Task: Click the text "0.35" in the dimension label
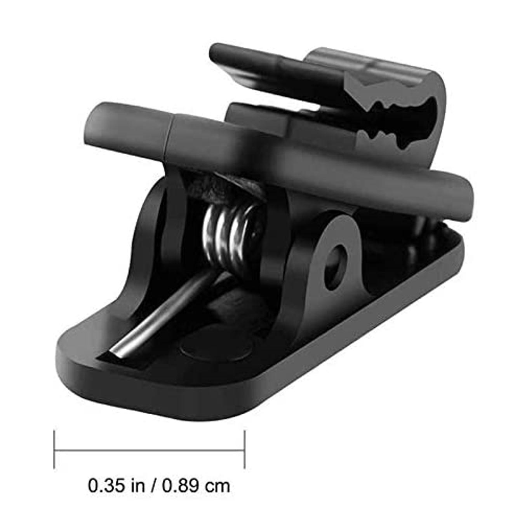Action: pyautogui.click(x=106, y=470)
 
